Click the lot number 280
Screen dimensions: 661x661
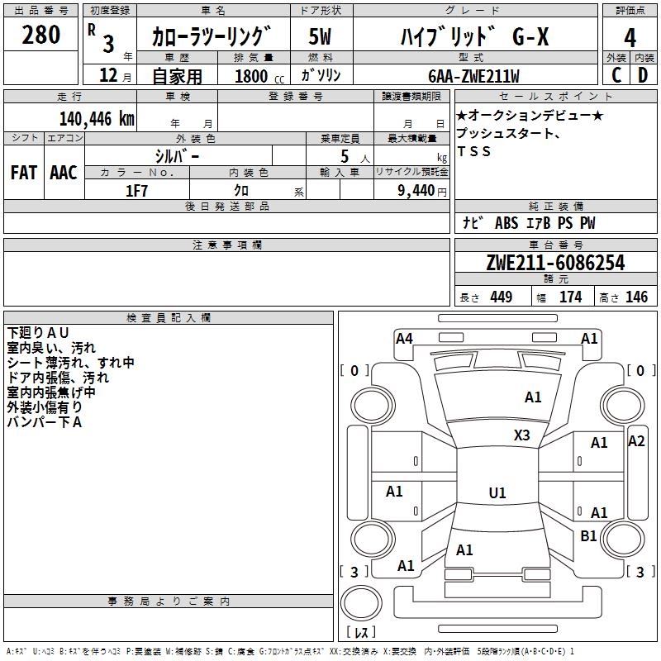pyautogui.click(x=40, y=36)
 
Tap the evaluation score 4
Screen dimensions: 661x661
pyautogui.click(x=630, y=38)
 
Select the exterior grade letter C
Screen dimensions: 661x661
pyautogui.click(x=616, y=74)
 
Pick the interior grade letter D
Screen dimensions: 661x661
pyautogui.click(x=643, y=74)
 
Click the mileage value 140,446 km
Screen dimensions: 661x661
pyautogui.click(x=97, y=119)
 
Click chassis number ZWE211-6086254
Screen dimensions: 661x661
pyautogui.click(x=555, y=264)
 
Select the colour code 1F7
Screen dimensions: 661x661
pyautogui.click(x=136, y=190)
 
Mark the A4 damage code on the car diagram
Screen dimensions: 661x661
pyautogui.click(x=404, y=338)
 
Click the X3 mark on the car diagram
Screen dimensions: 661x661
pyautogui.click(x=522, y=435)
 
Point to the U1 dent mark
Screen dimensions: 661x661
pyautogui.click(x=497, y=493)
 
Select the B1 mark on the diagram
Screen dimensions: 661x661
pyautogui.click(x=588, y=536)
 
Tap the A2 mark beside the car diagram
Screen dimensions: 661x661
pyautogui.click(x=636, y=441)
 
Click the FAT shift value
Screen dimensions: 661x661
pyautogui.click(x=23, y=173)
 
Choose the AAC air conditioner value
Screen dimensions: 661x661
pyautogui.click(x=64, y=173)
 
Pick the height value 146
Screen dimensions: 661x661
pyautogui.click(x=636, y=297)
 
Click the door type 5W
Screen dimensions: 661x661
pyautogui.click(x=320, y=37)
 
